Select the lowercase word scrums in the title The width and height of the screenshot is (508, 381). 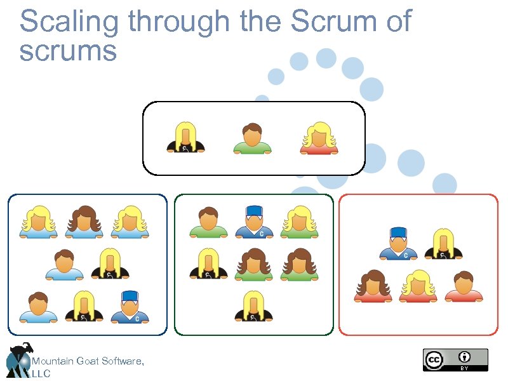pos(68,51)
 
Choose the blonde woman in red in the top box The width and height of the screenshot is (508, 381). pos(319,138)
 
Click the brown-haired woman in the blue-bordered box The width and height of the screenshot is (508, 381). pos(84,222)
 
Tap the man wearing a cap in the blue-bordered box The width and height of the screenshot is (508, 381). pos(130,307)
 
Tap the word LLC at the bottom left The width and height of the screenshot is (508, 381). pos(41,374)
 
